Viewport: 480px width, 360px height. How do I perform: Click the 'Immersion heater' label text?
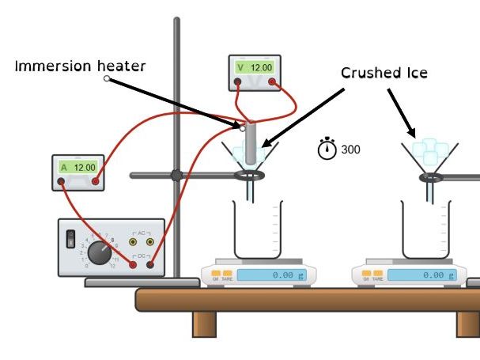pyautogui.click(x=80, y=66)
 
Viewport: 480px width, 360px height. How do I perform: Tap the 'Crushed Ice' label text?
pyautogui.click(x=384, y=73)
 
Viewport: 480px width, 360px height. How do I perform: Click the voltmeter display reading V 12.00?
pyautogui.click(x=255, y=68)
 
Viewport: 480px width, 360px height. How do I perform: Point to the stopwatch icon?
pyautogui.click(x=327, y=148)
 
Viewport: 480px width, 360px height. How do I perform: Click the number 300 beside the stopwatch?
pyautogui.click(x=351, y=149)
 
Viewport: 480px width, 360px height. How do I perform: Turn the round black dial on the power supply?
pyautogui.click(x=100, y=252)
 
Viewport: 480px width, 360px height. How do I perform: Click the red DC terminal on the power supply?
pyautogui.click(x=133, y=265)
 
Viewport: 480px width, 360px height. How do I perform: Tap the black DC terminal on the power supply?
pyautogui.click(x=149, y=265)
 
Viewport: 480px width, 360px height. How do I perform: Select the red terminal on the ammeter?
pyautogui.click(x=95, y=182)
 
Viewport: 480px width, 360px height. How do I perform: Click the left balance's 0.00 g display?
pyautogui.click(x=271, y=275)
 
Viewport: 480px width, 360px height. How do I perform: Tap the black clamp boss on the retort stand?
pyautogui.click(x=176, y=176)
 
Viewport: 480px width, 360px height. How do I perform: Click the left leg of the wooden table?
pyautogui.click(x=205, y=324)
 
